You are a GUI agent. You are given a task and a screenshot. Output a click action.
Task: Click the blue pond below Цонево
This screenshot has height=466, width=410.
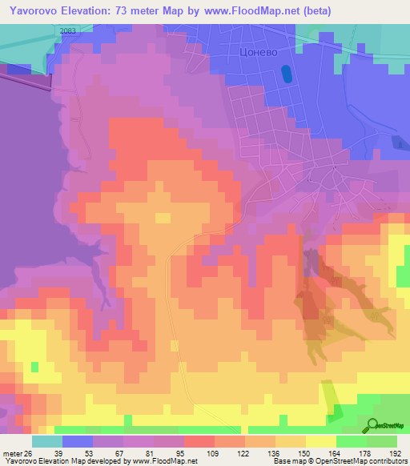click(x=286, y=74)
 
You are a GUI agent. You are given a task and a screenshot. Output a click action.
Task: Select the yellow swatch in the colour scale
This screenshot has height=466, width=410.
click(x=320, y=441)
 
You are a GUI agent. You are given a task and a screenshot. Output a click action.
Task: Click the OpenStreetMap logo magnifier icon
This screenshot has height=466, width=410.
click(x=373, y=425)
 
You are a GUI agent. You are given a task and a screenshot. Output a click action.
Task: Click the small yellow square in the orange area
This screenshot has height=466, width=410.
click(x=163, y=218)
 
